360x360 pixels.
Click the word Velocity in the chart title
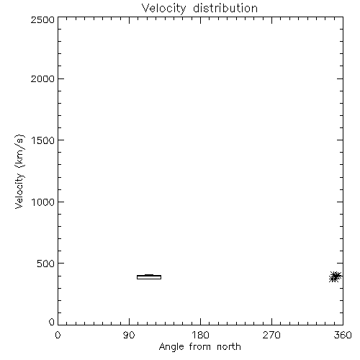click(x=164, y=9)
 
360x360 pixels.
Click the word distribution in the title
click(x=225, y=8)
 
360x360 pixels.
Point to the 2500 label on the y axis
click(x=42, y=19)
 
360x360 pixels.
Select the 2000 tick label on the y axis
click(x=42, y=78)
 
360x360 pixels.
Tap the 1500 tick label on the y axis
click(x=43, y=140)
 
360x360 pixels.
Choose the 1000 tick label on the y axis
click(x=43, y=202)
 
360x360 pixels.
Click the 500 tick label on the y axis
click(x=46, y=264)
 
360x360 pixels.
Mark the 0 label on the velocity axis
click(x=52, y=322)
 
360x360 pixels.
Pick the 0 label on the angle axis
click(x=58, y=335)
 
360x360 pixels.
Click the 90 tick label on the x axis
click(x=129, y=335)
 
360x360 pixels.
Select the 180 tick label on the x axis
click(x=200, y=335)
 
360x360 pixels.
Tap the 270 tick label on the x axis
click(x=271, y=335)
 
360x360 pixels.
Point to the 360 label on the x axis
click(x=343, y=335)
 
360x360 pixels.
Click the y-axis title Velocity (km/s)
click(x=19, y=171)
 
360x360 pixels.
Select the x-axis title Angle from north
click(x=200, y=347)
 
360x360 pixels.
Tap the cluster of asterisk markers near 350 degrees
click(x=336, y=276)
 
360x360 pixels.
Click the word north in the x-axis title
click(x=229, y=346)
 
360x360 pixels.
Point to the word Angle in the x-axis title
click(x=171, y=347)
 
